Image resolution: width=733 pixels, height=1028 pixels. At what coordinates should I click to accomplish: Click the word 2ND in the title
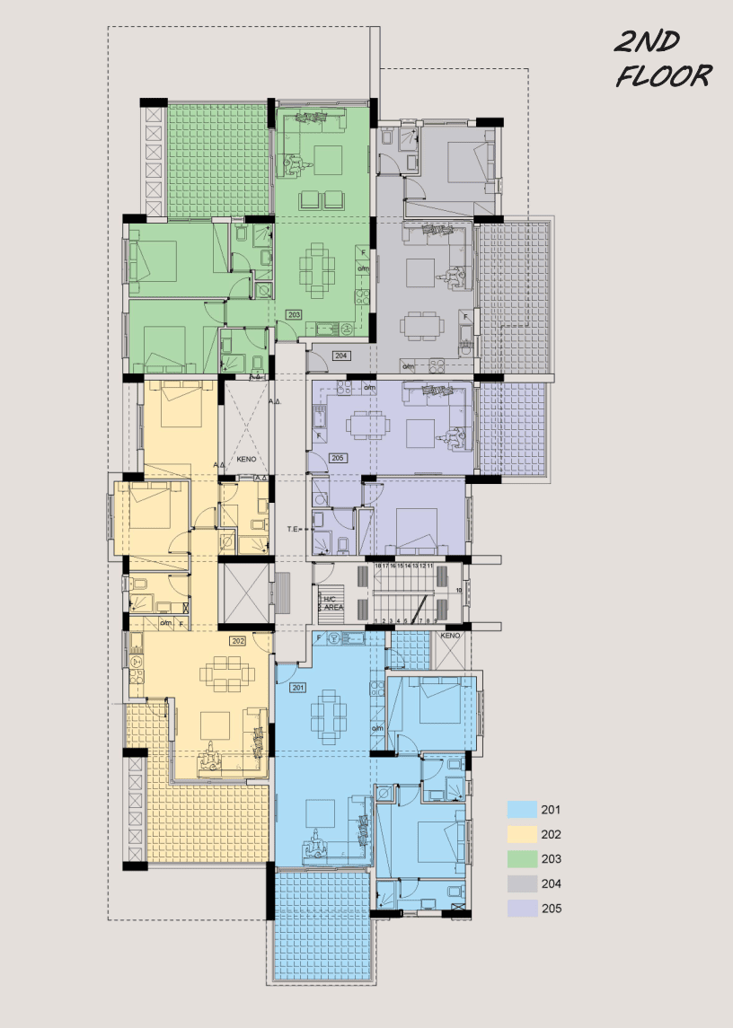click(647, 42)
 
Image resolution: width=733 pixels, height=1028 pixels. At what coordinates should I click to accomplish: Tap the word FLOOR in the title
click(664, 75)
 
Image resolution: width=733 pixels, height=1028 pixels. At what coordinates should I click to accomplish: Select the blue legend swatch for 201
click(522, 810)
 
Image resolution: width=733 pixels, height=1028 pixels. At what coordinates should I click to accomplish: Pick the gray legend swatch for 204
click(522, 883)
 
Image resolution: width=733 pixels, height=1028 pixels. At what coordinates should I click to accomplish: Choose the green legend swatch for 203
click(522, 859)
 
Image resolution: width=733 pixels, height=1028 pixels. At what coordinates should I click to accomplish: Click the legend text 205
click(552, 909)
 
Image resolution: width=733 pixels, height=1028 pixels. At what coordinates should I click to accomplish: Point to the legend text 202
click(552, 834)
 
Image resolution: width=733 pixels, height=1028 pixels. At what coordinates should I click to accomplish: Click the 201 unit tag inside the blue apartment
click(299, 688)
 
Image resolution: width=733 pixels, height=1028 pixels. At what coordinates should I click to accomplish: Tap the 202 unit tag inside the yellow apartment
click(238, 641)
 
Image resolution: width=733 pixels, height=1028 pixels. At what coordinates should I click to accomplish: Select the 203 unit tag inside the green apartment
click(295, 314)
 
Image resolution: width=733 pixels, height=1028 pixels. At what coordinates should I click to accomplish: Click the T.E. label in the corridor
click(294, 530)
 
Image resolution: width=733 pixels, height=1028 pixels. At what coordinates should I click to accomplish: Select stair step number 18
click(378, 567)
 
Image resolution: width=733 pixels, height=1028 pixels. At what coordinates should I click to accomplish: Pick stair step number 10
click(458, 590)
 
